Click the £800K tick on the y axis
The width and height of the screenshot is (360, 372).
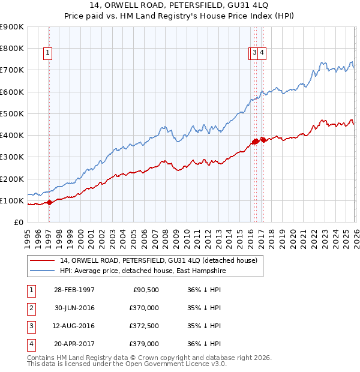pos(11,49)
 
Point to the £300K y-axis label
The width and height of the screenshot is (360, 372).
pos(11,157)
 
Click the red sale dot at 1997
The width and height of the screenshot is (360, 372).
pos(49,202)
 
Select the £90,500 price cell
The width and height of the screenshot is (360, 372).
pos(145,290)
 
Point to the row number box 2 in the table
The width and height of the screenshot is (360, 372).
pos(31,308)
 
